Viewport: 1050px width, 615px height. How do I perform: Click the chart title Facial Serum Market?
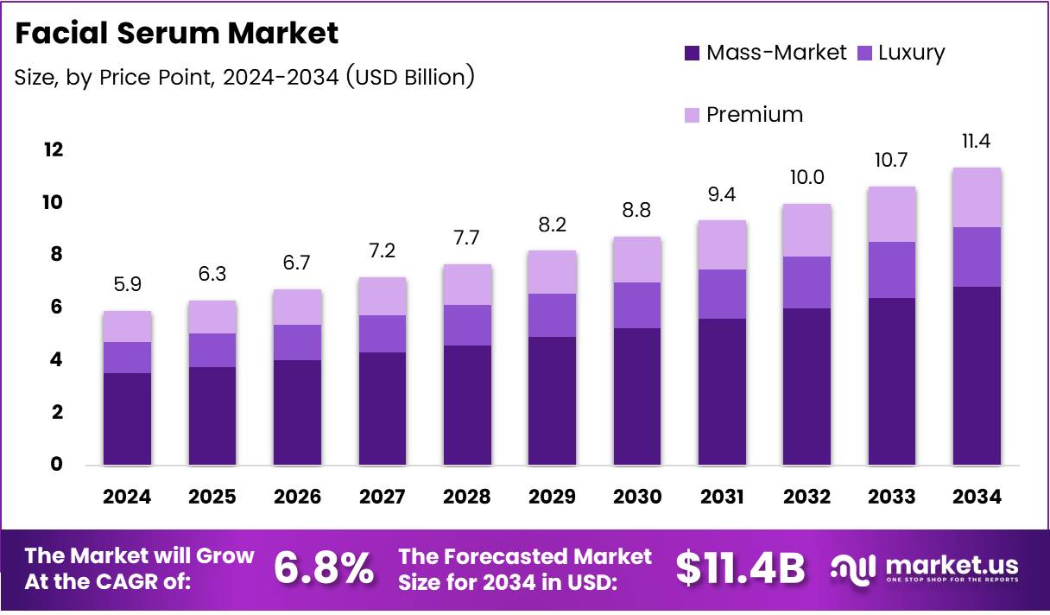click(176, 34)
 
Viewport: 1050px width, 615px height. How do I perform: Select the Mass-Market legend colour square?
click(692, 53)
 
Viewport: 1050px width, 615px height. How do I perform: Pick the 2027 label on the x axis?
click(383, 497)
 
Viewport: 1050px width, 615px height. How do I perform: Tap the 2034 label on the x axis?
click(977, 497)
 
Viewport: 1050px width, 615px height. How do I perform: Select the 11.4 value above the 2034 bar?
click(977, 140)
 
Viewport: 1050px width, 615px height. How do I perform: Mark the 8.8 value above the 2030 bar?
click(637, 209)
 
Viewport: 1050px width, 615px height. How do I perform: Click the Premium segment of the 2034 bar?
click(977, 198)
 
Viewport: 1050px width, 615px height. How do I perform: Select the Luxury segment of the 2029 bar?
click(552, 315)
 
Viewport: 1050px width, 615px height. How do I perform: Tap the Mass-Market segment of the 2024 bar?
click(127, 419)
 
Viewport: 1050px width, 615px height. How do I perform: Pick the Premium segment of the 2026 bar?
click(297, 307)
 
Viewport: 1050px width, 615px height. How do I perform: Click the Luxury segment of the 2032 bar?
click(806, 282)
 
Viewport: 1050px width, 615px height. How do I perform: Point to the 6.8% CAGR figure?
click(324, 568)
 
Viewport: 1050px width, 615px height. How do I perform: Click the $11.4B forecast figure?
click(740, 568)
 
